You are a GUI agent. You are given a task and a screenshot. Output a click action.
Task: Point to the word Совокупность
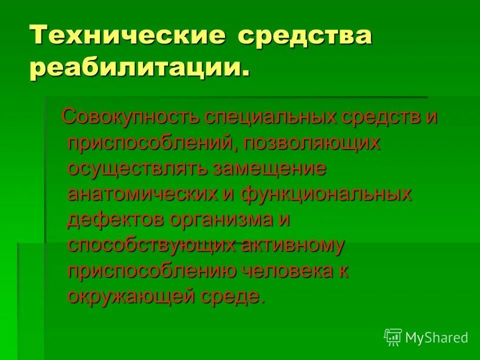[131, 117]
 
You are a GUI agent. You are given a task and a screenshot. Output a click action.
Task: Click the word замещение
[269, 168]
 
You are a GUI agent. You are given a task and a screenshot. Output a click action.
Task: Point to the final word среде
[229, 296]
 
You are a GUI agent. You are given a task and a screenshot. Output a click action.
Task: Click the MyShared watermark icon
[393, 338]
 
